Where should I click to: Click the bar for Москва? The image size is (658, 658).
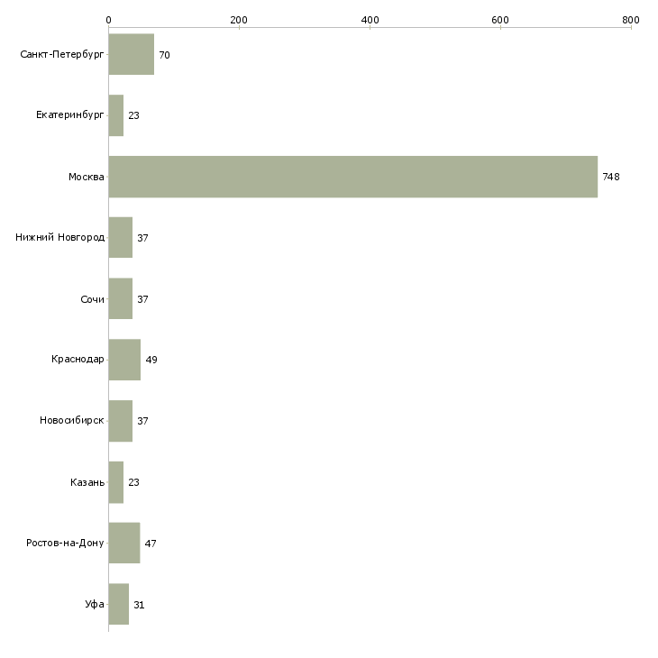(x=352, y=177)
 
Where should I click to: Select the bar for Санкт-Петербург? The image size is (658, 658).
(x=131, y=55)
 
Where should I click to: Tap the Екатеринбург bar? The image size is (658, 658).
(x=115, y=115)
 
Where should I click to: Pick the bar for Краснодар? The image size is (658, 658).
(x=124, y=360)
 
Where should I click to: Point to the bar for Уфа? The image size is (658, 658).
(x=118, y=604)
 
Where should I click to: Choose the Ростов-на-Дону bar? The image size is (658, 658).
(x=123, y=544)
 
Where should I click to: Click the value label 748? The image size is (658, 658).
(x=611, y=177)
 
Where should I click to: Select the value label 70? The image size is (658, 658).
(x=164, y=55)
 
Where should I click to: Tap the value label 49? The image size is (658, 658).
(x=151, y=360)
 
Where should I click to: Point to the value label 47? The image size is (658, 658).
(x=151, y=544)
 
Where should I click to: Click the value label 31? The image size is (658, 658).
(x=139, y=605)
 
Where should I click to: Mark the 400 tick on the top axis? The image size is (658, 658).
(x=370, y=20)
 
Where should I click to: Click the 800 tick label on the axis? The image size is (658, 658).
(x=631, y=20)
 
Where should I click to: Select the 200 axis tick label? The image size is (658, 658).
(x=239, y=20)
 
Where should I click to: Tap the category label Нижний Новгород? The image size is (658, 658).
(x=60, y=238)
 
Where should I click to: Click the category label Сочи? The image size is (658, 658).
(x=92, y=299)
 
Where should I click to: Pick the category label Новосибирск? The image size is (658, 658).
(x=72, y=421)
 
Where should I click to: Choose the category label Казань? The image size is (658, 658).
(x=87, y=482)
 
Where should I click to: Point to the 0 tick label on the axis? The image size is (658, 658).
(x=108, y=20)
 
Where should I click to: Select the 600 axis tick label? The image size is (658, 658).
(x=500, y=20)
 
